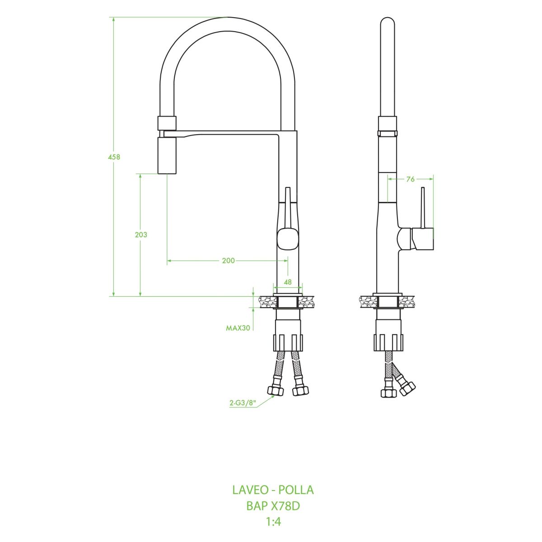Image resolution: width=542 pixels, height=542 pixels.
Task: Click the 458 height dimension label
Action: pyautogui.click(x=114, y=157)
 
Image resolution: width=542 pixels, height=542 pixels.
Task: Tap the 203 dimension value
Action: pyautogui.click(x=141, y=234)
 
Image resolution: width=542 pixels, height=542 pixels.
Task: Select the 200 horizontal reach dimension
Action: pyautogui.click(x=228, y=261)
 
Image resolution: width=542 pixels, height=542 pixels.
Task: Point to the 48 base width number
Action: pyautogui.click(x=288, y=281)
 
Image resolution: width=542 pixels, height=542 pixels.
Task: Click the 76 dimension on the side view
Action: pyautogui.click(x=411, y=179)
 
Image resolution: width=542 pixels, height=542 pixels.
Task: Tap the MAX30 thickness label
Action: pyautogui.click(x=238, y=328)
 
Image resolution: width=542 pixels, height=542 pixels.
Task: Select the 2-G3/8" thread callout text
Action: pyautogui.click(x=243, y=403)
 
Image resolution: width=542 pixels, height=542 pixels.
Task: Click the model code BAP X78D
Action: pyautogui.click(x=273, y=506)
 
